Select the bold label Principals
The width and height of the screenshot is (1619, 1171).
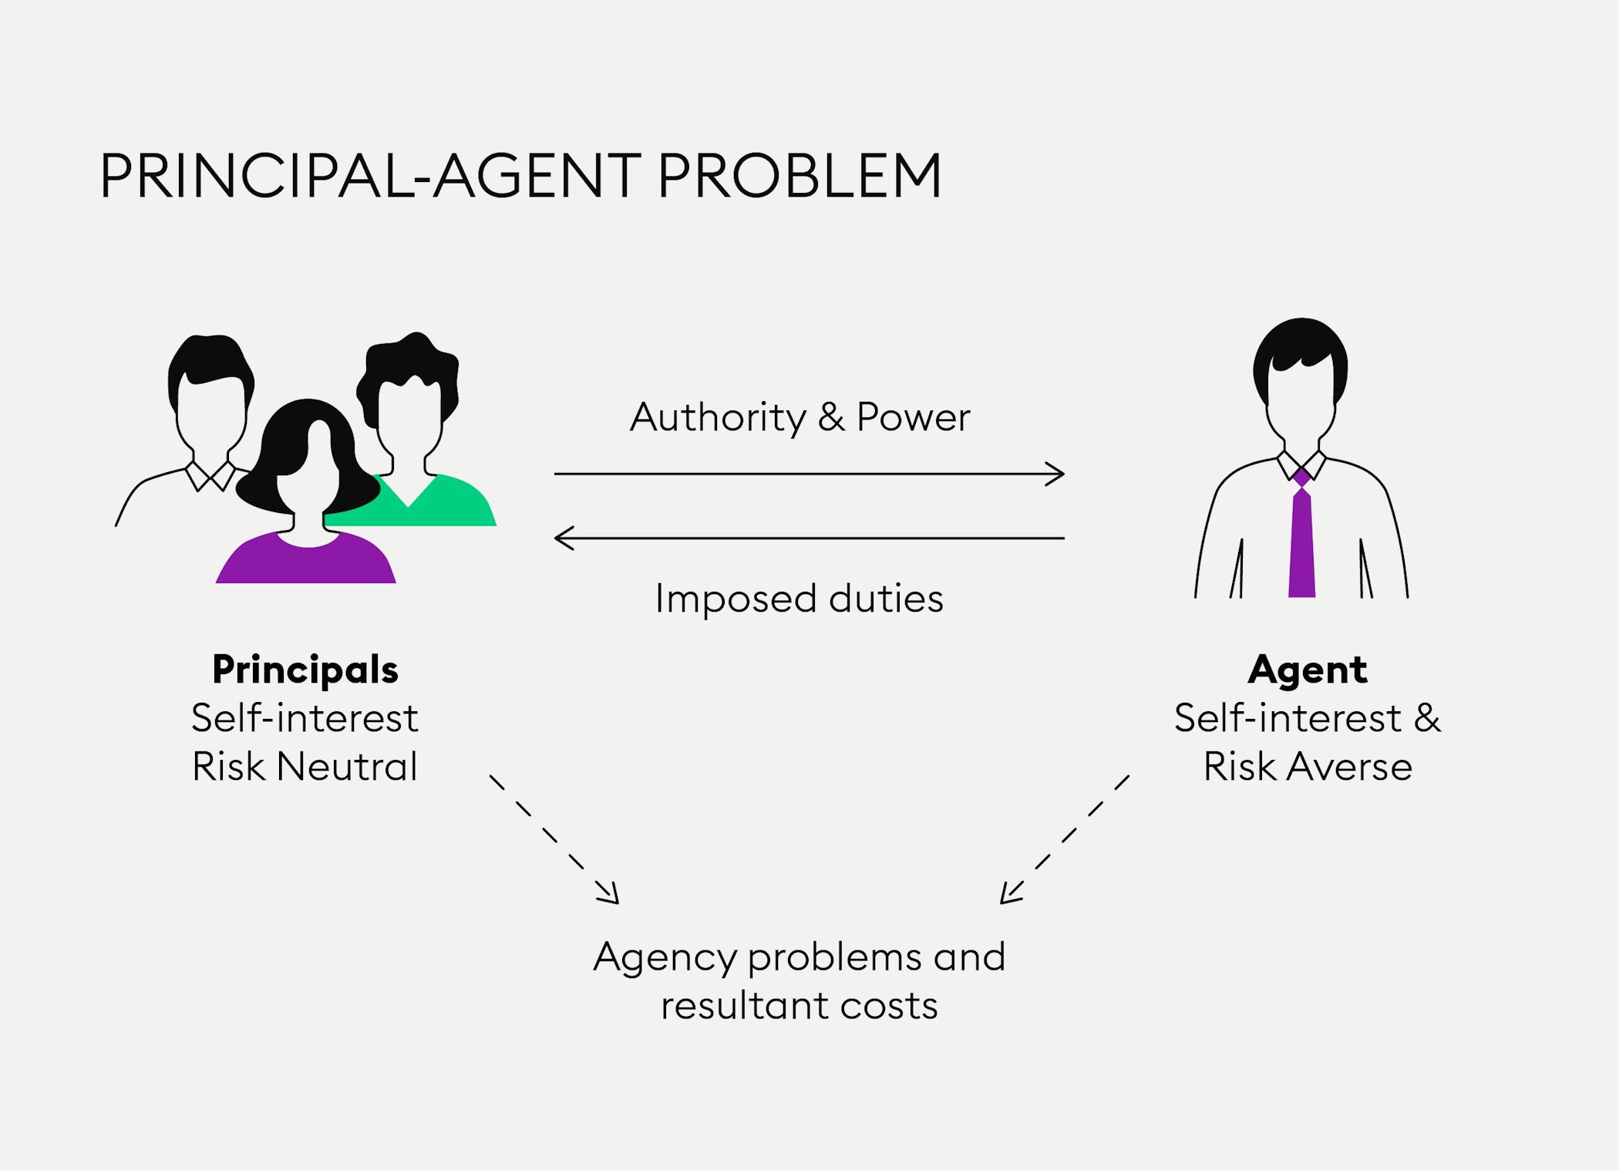pos(305,670)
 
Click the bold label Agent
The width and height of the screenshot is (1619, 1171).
pos(1308,670)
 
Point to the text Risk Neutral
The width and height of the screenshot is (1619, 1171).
pos(305,767)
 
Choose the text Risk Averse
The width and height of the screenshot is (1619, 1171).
pos(1308,767)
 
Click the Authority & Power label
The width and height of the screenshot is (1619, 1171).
pos(799,417)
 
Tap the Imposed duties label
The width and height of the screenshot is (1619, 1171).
pos(799,599)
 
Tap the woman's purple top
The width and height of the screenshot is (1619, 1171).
pos(306,562)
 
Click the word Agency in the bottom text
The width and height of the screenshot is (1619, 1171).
pos(665,958)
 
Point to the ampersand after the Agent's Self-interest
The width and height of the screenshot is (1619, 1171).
pos(1427,718)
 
